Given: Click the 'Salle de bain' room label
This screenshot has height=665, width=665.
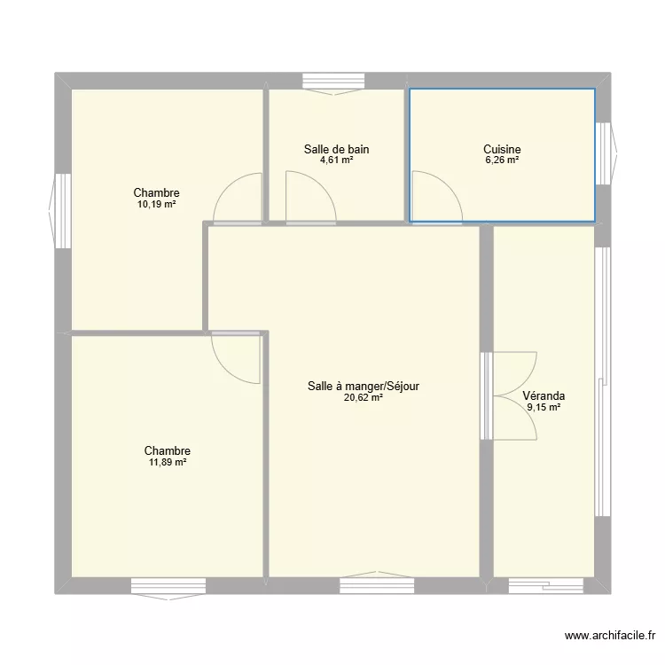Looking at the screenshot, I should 336,149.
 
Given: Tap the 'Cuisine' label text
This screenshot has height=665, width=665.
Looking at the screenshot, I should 502,149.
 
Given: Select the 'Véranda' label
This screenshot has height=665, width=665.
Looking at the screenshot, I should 544,396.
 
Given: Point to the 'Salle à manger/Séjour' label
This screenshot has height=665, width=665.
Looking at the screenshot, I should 364,386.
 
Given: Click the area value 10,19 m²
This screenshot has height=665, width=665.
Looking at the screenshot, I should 157,204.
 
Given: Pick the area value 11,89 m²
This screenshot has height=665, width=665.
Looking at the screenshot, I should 168,462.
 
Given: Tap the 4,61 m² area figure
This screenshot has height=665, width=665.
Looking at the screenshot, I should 336,160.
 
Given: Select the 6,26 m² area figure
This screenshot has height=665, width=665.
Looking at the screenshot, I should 502,160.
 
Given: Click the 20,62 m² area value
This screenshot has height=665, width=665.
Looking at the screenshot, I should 364,398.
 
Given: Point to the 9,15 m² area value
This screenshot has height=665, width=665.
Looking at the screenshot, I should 544,408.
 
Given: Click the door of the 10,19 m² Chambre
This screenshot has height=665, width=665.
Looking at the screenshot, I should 239,198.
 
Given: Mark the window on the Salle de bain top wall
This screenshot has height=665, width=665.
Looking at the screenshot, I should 337,82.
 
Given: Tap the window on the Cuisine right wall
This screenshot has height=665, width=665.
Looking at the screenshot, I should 605,153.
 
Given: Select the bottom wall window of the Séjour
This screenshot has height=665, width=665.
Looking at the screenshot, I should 376,584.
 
